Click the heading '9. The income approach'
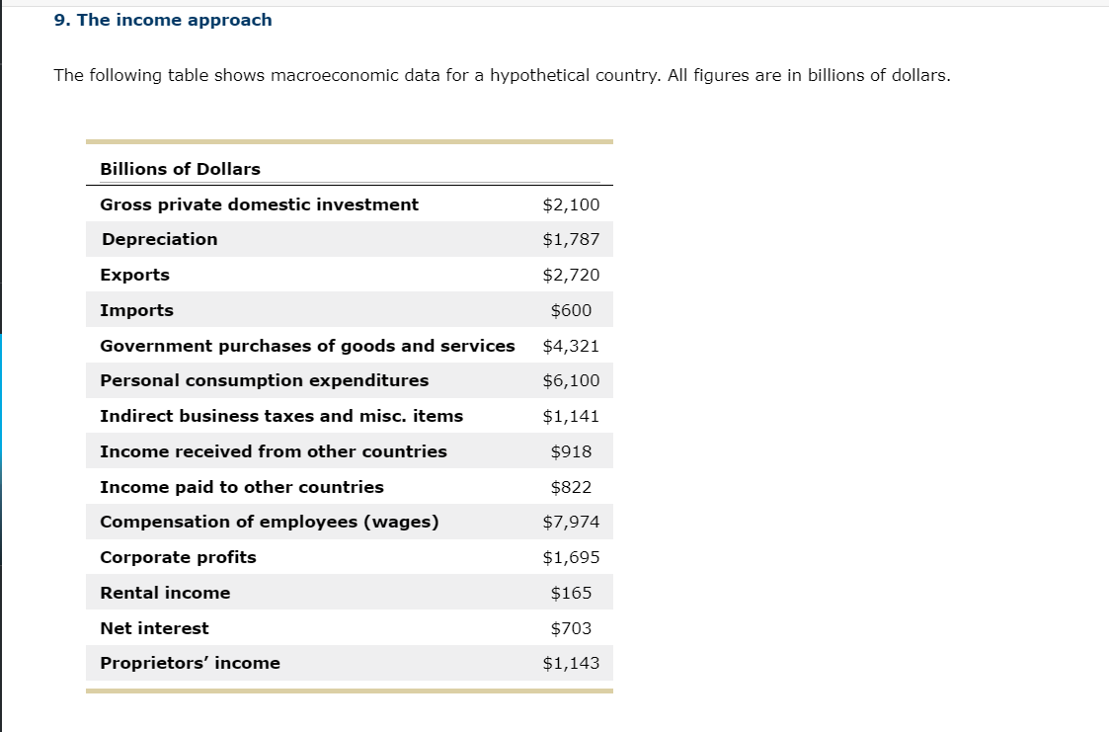(163, 20)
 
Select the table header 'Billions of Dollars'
(180, 169)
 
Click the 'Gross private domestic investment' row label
(259, 204)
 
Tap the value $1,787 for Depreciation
(571, 239)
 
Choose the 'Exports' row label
(134, 275)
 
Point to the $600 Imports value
(571, 310)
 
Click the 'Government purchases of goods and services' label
(307, 346)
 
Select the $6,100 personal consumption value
(571, 380)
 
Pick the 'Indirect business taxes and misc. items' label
(281, 416)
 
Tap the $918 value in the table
(571, 451)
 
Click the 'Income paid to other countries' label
(242, 487)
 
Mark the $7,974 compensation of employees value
(571, 522)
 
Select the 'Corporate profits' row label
(178, 557)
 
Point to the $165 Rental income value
(571, 593)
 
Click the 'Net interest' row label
(154, 628)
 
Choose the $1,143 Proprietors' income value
(571, 663)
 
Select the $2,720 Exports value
(571, 275)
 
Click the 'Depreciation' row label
(159, 239)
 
